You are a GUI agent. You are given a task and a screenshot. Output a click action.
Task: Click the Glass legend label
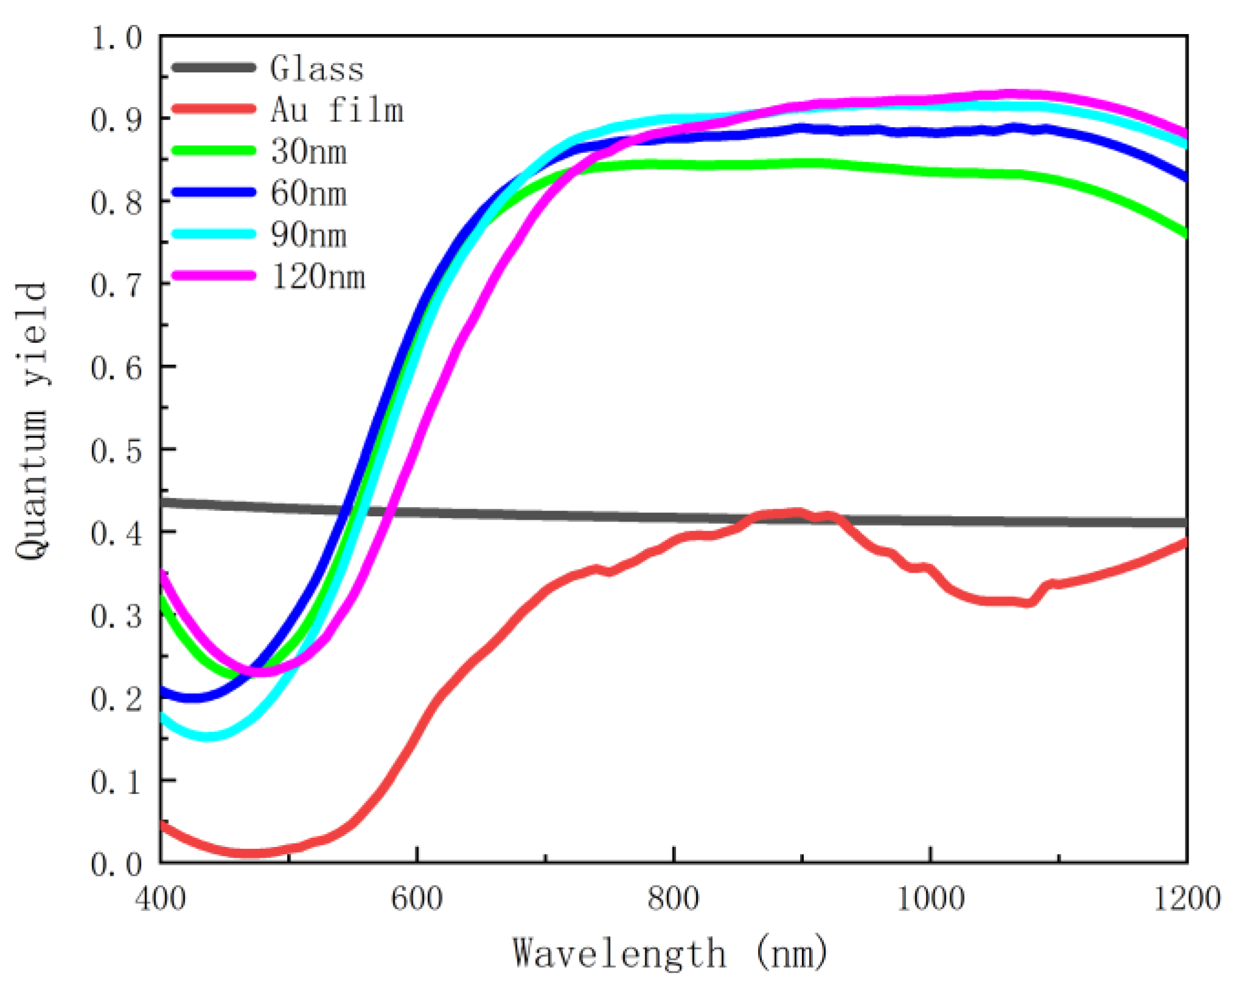pyautogui.click(x=316, y=68)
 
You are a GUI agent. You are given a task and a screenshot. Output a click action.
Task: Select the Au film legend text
pyautogui.click(x=336, y=110)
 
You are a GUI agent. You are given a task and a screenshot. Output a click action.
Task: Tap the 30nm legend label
pyautogui.click(x=308, y=151)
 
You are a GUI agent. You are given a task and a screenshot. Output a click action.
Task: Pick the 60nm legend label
pyautogui.click(x=308, y=193)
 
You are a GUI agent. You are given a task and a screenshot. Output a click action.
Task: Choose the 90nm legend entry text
pyautogui.click(x=308, y=235)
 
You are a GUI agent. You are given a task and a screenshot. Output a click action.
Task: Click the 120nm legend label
pyautogui.click(x=317, y=277)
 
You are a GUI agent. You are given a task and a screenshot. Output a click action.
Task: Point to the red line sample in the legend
pyautogui.click(x=213, y=109)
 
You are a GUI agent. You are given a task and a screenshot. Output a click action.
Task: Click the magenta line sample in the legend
pyautogui.click(x=213, y=276)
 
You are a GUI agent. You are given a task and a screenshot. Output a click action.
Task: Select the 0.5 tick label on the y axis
pyautogui.click(x=116, y=451)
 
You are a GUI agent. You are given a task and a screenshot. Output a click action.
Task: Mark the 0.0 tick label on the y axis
pyautogui.click(x=116, y=864)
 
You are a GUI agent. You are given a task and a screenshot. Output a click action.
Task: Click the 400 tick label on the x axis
pyautogui.click(x=161, y=898)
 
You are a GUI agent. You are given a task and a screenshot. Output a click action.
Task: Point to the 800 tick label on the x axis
pyautogui.click(x=674, y=898)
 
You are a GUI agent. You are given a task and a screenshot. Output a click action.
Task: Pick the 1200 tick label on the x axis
pyautogui.click(x=1186, y=898)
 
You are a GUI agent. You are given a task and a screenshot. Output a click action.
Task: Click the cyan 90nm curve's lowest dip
pyautogui.click(x=207, y=737)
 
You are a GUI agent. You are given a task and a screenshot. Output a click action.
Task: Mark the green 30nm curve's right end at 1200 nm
pyautogui.click(x=1184, y=233)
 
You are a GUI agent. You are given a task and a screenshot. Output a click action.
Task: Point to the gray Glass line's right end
pyautogui.click(x=1184, y=523)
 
